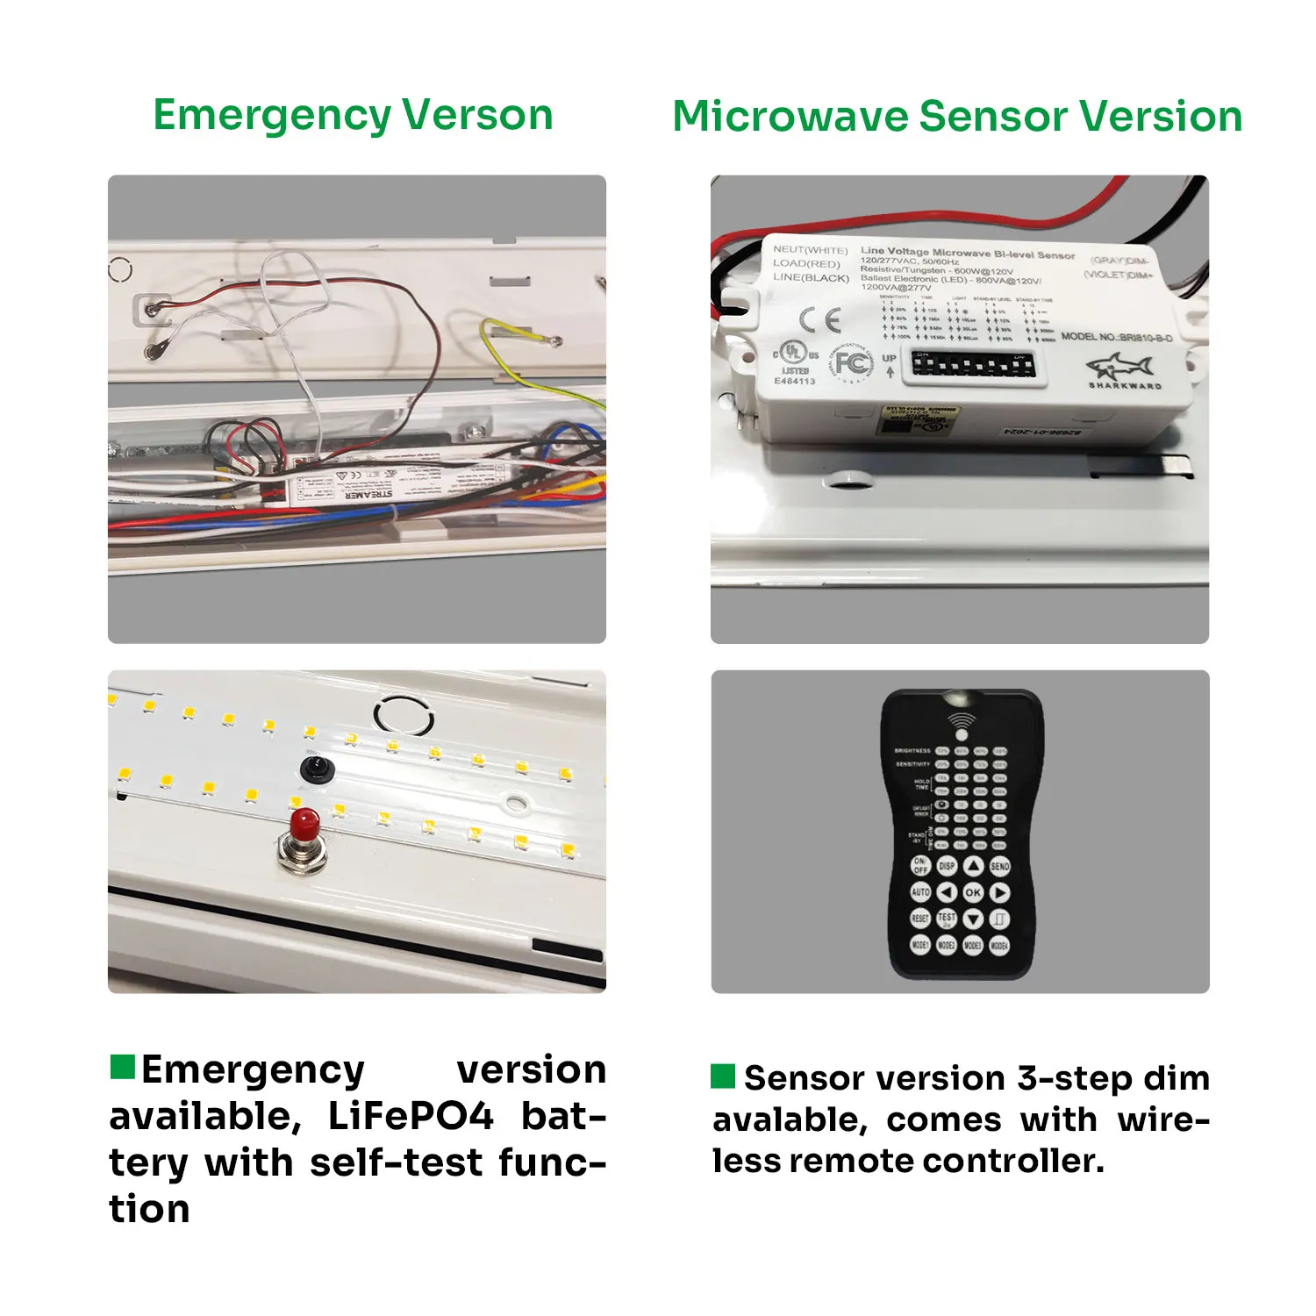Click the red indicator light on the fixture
[x=304, y=823]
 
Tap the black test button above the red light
[x=317, y=769]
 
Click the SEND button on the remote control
[x=1000, y=866]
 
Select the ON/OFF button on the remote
[x=920, y=866]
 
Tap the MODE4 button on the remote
[x=999, y=945]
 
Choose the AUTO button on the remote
[x=920, y=892]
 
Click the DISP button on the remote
[x=947, y=866]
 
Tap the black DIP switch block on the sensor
[x=972, y=364]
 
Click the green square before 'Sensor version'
[x=723, y=1076]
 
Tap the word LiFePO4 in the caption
[x=411, y=1116]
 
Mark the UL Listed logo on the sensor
[x=795, y=354]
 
